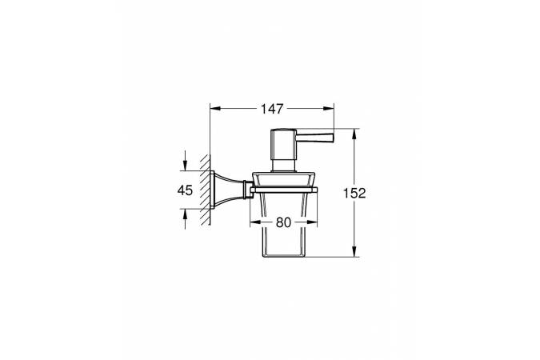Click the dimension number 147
[x=272, y=109]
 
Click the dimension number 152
[x=354, y=194]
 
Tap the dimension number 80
[x=283, y=222]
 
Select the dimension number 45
[x=185, y=190]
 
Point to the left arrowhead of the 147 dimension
[x=215, y=109]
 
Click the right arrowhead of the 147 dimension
[x=329, y=109]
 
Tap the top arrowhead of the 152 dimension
[x=354, y=134]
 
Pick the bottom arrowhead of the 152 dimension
[x=354, y=251]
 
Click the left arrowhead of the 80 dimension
[x=255, y=222]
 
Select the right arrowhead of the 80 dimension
[x=312, y=222]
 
